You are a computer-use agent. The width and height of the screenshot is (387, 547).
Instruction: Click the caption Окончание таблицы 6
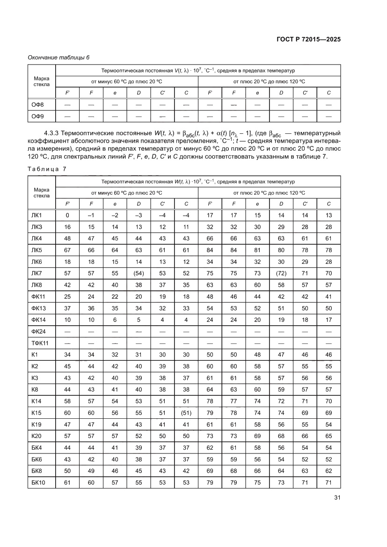click(x=58, y=57)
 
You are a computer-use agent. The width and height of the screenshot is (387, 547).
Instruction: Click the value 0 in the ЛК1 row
click(x=67, y=215)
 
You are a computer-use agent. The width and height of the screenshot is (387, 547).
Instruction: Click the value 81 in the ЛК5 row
click(x=257, y=250)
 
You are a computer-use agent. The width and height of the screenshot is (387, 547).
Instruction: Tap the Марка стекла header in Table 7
click(x=42, y=192)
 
